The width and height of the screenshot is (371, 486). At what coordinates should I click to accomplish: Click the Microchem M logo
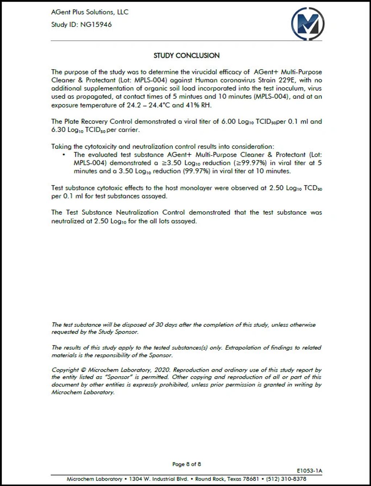[x=308, y=24]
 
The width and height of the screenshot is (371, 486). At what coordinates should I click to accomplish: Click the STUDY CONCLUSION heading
[x=186, y=55]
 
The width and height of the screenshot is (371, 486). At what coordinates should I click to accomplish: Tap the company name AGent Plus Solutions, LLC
[x=90, y=12]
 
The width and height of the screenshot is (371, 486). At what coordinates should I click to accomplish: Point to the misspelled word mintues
[x=190, y=96]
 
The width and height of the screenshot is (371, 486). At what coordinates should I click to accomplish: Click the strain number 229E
[x=288, y=80]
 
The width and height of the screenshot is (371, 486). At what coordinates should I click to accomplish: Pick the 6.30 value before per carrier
[x=58, y=130]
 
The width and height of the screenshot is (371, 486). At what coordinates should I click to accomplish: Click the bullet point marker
[x=64, y=155]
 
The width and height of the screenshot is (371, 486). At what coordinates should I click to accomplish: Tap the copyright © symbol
[x=83, y=370]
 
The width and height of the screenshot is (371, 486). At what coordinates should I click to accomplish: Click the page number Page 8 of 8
[x=186, y=464]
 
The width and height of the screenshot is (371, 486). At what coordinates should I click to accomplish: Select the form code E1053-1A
[x=309, y=471]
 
